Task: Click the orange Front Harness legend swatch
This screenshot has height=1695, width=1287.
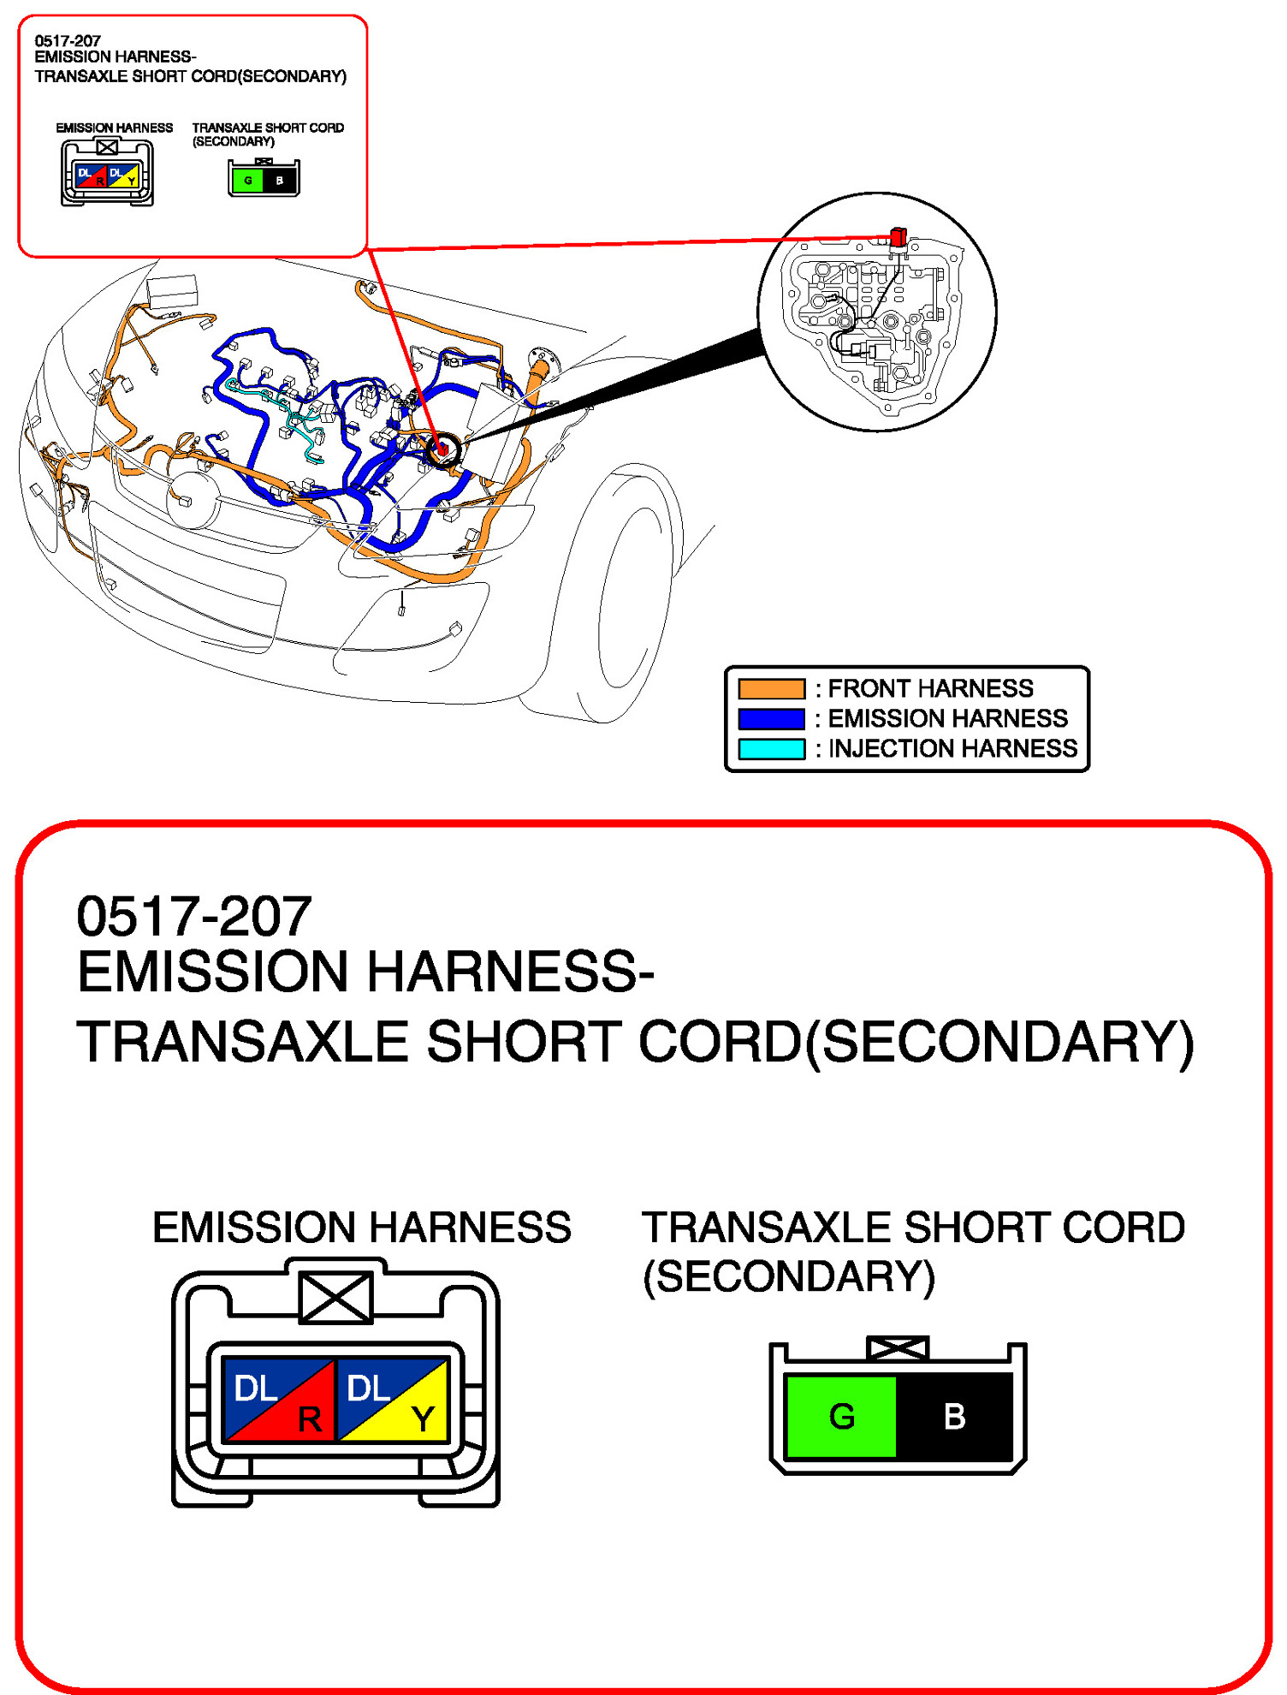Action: (771, 688)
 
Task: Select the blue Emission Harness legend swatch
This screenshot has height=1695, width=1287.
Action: (771, 718)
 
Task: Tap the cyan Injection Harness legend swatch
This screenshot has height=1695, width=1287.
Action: (771, 749)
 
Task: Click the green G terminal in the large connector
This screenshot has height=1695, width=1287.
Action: (840, 1417)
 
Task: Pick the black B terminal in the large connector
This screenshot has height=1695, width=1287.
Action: (955, 1417)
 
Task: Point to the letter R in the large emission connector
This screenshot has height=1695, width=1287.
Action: (309, 1419)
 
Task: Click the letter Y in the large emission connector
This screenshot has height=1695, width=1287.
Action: (422, 1419)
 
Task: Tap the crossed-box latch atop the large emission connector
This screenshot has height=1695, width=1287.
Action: (335, 1297)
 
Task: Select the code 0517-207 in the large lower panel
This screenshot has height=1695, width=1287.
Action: (194, 917)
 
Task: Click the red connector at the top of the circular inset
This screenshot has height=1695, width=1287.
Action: (898, 236)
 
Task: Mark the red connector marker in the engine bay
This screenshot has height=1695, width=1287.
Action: (442, 449)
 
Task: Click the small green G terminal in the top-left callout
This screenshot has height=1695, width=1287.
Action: (247, 181)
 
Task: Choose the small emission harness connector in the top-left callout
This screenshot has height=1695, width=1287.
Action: (107, 174)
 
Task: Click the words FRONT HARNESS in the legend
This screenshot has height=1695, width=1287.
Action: (930, 688)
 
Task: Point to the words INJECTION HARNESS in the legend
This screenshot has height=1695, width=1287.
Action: (952, 749)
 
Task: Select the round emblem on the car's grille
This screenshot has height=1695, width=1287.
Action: (193, 500)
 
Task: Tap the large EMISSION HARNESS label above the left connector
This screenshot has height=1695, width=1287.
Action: (361, 1228)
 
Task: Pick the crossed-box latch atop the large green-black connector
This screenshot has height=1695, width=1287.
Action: (897, 1349)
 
